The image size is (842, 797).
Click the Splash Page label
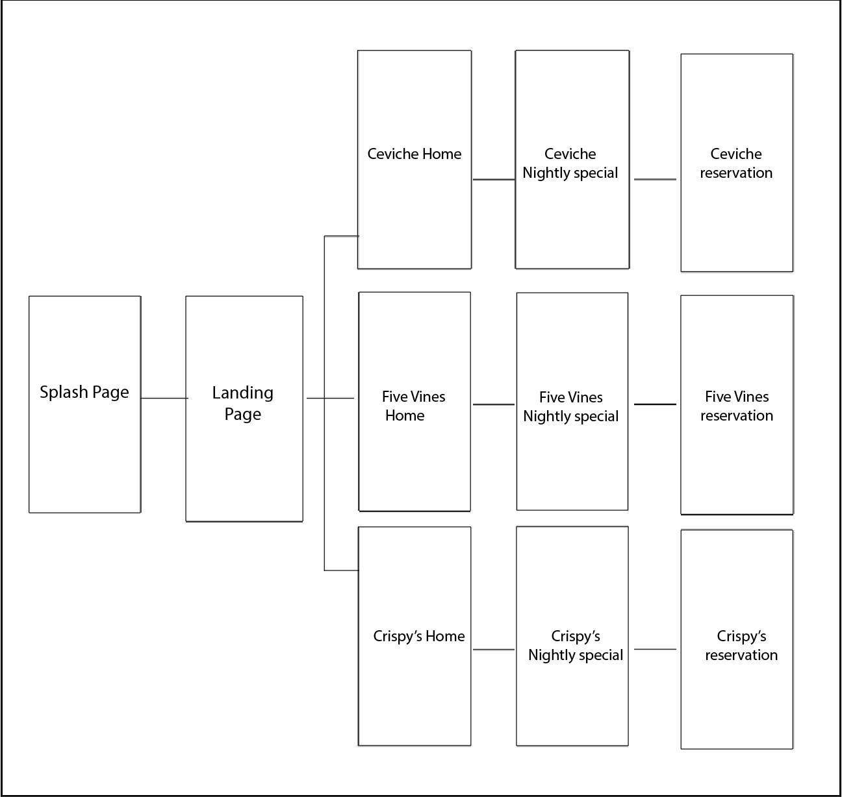[x=84, y=393]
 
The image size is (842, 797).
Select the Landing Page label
[x=243, y=403]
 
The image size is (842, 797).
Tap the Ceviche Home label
[x=415, y=154]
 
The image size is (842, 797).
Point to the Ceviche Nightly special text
[x=570, y=164]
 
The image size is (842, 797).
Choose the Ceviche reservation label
[x=736, y=164]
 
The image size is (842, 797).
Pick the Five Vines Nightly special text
[x=571, y=407]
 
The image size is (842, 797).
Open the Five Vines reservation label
[x=737, y=406]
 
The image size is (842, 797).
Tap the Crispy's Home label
[x=419, y=637]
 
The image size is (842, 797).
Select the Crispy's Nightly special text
[x=576, y=646]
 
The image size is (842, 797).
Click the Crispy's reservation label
[x=741, y=646]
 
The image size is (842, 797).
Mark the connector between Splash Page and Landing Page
[x=164, y=398]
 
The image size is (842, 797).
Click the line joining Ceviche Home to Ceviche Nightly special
[x=494, y=179]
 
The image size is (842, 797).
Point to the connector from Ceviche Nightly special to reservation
[x=655, y=179]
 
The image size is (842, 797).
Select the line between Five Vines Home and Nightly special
[x=494, y=404]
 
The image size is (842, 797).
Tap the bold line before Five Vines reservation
[x=655, y=404]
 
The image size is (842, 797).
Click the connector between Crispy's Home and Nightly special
[x=494, y=649]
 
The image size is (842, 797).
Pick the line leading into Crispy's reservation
[x=655, y=649]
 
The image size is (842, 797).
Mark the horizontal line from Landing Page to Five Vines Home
[x=330, y=398]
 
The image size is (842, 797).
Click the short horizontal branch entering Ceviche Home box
[x=342, y=236]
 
